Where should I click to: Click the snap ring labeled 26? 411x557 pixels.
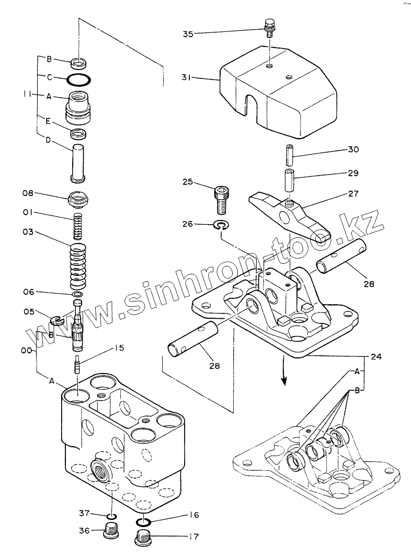point(222,226)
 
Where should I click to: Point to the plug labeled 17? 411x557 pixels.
point(143,536)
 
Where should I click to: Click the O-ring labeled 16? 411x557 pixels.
point(144,521)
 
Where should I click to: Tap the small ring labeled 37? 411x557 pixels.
point(111,517)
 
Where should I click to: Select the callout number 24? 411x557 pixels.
point(376,357)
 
